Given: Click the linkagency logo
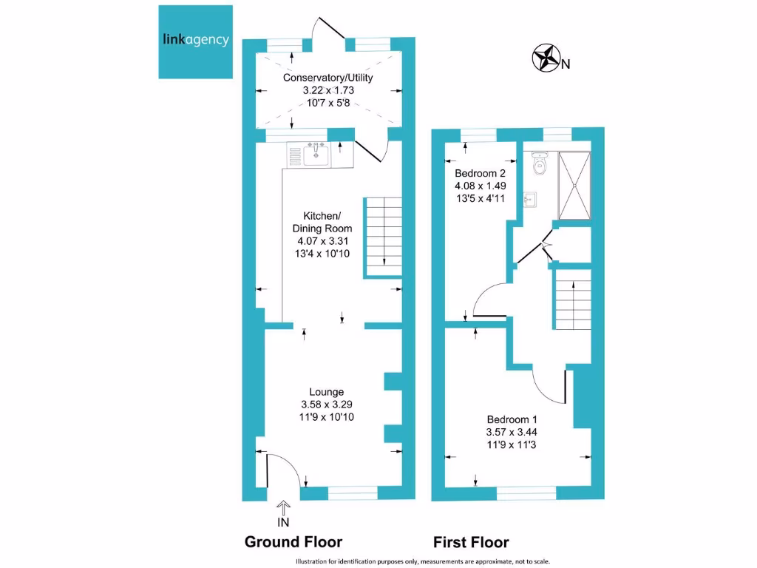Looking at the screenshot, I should (x=196, y=41).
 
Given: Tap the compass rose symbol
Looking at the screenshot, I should (x=546, y=58).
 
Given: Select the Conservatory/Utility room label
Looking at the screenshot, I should (x=327, y=78).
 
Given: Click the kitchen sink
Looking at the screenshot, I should (x=316, y=155).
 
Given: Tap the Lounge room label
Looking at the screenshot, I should (x=327, y=392).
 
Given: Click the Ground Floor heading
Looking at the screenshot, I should (x=293, y=542).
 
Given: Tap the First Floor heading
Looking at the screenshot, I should (x=471, y=542).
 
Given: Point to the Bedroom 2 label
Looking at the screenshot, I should (x=480, y=172).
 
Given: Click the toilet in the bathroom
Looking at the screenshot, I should (x=539, y=163).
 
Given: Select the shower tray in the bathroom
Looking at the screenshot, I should (x=574, y=186).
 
